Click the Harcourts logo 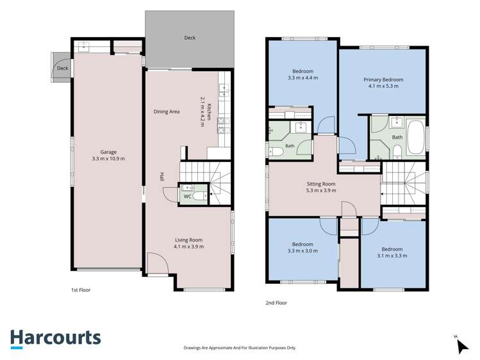pyautogui.click(x=55, y=339)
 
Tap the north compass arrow pyautogui.click(x=462, y=347)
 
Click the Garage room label pyautogui.click(x=108, y=152)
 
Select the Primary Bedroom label pyautogui.click(x=383, y=79)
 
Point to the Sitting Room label pyautogui.click(x=321, y=184)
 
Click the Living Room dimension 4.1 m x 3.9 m pyautogui.click(x=188, y=247)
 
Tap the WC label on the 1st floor pyautogui.click(x=187, y=197)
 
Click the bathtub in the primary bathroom pyautogui.click(x=417, y=137)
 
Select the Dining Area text pyautogui.click(x=167, y=111)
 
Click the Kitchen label pyautogui.click(x=209, y=112)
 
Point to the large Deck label pyautogui.click(x=190, y=38)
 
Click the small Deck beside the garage pyautogui.click(x=62, y=68)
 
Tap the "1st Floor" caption pyautogui.click(x=81, y=290)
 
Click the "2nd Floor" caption pyautogui.click(x=276, y=303)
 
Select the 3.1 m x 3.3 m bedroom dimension pyautogui.click(x=392, y=256)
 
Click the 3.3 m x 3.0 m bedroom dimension pyautogui.click(x=302, y=251)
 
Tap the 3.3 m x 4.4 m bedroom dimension pyautogui.click(x=302, y=78)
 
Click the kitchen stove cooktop pyautogui.click(x=221, y=126)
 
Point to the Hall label pyautogui.click(x=161, y=177)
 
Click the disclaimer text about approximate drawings pyautogui.click(x=240, y=348)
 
